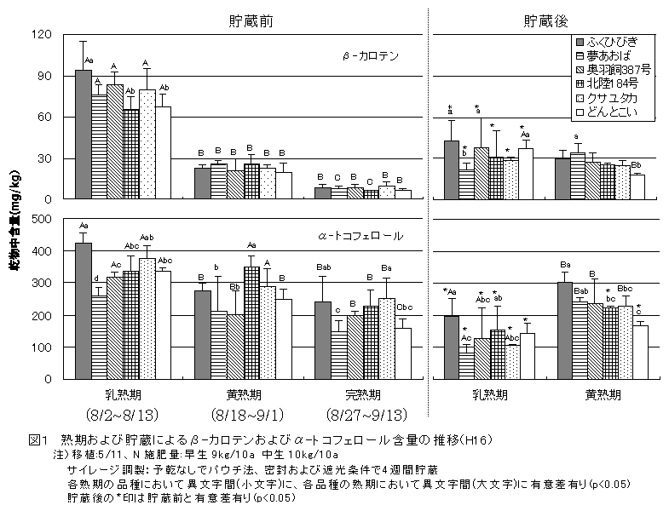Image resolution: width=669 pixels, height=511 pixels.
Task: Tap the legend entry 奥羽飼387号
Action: coord(617,69)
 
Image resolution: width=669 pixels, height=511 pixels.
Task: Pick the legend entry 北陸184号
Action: coord(614,83)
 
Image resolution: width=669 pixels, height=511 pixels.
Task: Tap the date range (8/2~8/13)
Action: coord(119,415)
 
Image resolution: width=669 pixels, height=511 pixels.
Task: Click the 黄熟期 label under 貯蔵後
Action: coord(603,395)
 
